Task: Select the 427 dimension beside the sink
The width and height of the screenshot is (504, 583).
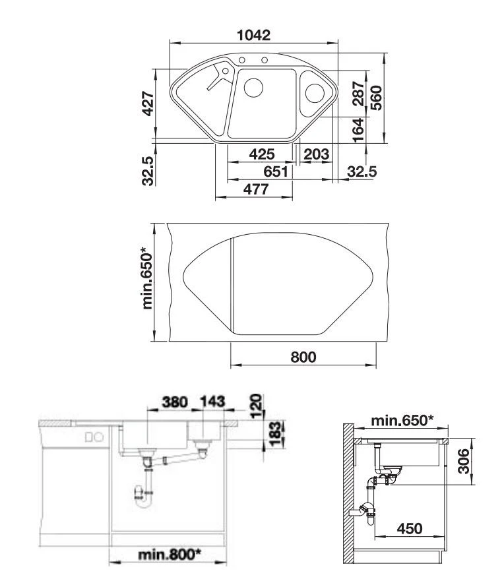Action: pyautogui.click(x=148, y=104)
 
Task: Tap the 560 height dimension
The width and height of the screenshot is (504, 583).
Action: pyautogui.click(x=376, y=98)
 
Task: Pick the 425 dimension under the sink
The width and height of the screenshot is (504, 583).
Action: pyautogui.click(x=262, y=155)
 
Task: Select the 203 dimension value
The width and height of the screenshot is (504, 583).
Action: pyautogui.click(x=317, y=155)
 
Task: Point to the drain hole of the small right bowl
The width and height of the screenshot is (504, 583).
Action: pyautogui.click(x=315, y=92)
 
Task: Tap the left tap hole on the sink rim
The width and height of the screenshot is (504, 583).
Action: pyautogui.click(x=242, y=61)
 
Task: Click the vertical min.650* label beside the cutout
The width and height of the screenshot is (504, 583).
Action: pyautogui.click(x=149, y=280)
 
